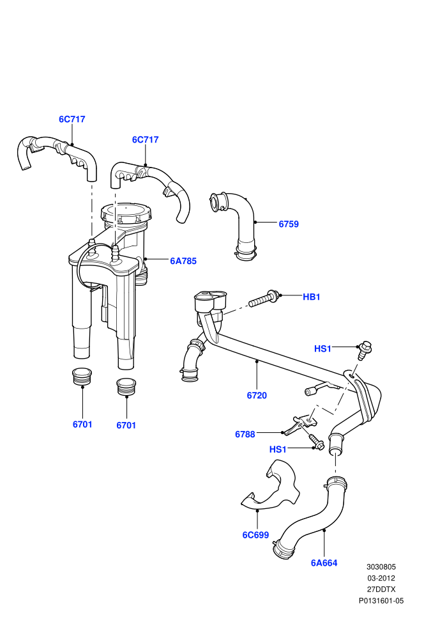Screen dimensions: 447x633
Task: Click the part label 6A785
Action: coord(183,262)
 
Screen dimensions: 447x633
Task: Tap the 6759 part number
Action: coord(289,224)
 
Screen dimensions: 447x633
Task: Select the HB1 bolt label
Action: coord(311,297)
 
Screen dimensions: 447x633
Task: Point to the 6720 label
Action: coord(257,396)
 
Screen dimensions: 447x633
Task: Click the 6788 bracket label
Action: coord(245,434)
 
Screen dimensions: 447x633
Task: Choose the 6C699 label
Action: coord(255,535)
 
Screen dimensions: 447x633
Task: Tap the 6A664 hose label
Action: coord(324,563)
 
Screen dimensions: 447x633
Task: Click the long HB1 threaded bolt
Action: coord(263,299)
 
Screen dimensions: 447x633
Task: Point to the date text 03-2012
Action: coord(381,578)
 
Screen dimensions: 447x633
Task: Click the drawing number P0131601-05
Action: coord(381,600)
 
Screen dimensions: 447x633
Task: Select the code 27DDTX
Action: coord(381,590)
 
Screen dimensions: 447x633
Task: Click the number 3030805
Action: coord(381,567)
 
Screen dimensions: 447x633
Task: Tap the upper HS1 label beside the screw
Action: coord(322,349)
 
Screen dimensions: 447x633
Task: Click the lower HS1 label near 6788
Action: coord(278,449)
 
